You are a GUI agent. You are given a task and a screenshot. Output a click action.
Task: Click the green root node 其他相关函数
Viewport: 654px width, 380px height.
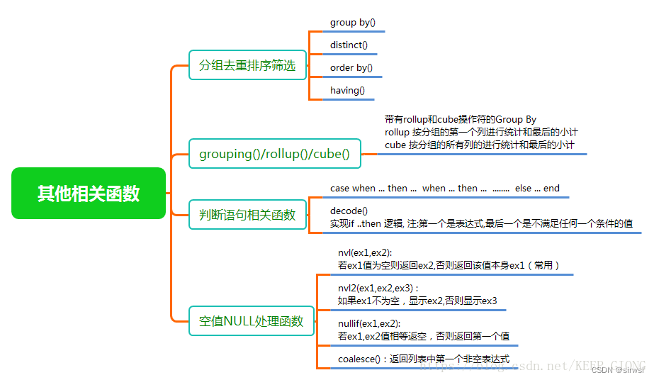point(89,193)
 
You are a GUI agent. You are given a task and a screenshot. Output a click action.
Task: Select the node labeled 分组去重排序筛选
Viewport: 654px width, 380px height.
point(247,65)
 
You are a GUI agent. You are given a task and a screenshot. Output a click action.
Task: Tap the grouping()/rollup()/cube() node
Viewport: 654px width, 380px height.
point(274,154)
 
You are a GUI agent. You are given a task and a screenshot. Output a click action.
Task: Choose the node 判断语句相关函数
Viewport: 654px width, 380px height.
point(247,214)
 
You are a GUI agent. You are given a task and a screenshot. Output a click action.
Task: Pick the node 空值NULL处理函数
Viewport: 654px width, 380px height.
point(251,321)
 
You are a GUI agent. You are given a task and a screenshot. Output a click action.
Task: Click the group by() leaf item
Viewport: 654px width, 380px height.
point(353,23)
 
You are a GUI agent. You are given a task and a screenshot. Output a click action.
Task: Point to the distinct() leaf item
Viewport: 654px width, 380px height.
point(349,45)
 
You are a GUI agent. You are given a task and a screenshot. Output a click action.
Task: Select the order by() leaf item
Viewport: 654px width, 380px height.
point(351,68)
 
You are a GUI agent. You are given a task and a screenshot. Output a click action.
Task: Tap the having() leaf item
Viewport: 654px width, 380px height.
point(347,90)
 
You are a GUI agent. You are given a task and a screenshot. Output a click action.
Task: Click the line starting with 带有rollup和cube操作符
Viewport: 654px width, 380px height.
point(461,120)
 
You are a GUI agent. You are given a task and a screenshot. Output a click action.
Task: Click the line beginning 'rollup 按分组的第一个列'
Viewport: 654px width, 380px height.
point(481,132)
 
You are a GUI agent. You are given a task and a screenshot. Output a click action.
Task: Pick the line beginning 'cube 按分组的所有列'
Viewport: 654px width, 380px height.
point(479,145)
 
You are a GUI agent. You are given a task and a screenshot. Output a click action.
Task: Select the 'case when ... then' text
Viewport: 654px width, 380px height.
point(368,188)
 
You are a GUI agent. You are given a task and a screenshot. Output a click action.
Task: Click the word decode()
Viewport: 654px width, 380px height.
point(349,211)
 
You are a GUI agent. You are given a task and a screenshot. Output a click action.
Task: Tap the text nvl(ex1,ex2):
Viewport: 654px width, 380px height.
point(365,253)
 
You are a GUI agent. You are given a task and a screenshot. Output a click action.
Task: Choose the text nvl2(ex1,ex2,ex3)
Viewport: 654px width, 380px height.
point(376,289)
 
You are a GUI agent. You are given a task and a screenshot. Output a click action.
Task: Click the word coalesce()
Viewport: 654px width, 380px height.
point(361,359)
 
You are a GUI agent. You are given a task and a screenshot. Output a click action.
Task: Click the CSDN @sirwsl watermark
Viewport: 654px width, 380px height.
point(618,370)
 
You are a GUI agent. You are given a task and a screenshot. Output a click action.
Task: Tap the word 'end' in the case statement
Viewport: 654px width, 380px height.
point(551,188)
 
